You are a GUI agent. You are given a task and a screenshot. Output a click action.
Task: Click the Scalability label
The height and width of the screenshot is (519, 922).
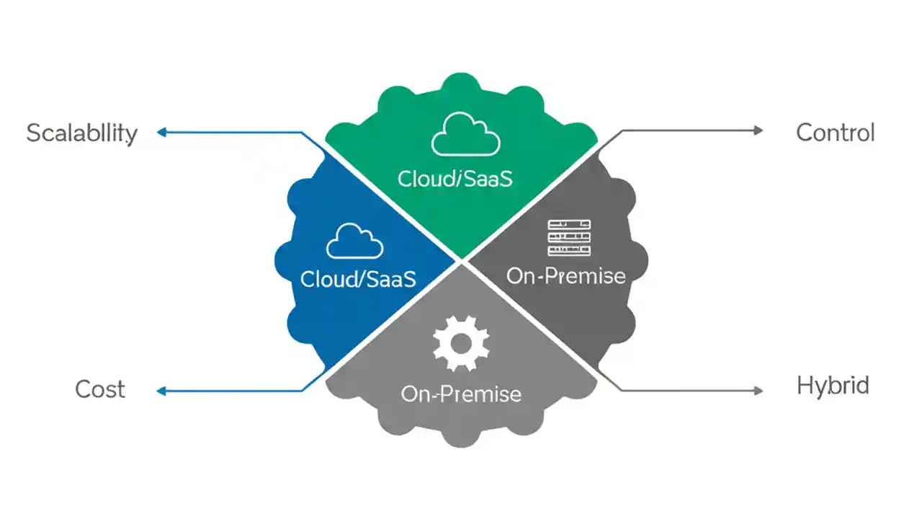(81, 133)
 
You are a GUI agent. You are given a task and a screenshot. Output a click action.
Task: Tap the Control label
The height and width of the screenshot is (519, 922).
(836, 133)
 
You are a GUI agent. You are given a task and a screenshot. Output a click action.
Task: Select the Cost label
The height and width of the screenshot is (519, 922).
(100, 389)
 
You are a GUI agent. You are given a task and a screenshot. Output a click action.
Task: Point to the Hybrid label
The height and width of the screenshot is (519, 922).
(833, 386)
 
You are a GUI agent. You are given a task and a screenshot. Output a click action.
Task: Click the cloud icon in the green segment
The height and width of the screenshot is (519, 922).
(465, 136)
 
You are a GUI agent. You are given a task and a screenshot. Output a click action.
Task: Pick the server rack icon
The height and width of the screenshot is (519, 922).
(569, 237)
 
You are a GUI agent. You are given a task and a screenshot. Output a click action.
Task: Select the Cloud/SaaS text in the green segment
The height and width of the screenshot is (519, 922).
(455, 179)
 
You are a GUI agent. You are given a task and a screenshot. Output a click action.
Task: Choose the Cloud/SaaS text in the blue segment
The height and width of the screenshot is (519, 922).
(358, 279)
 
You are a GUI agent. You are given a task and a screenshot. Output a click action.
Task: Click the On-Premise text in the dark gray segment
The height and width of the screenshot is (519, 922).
(566, 275)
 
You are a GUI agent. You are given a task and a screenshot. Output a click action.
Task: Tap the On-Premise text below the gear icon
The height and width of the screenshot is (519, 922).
(461, 394)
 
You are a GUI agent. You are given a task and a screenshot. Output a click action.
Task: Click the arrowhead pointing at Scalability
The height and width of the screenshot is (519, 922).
(162, 132)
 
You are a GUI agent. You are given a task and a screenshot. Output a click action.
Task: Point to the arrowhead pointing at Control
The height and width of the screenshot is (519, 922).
(757, 130)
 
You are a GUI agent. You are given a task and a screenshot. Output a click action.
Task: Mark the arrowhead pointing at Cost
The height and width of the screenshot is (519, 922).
(162, 391)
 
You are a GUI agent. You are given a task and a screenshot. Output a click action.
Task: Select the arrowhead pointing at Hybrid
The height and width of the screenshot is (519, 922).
(757, 391)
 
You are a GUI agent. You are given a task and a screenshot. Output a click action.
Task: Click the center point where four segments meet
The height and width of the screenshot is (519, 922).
(461, 260)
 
